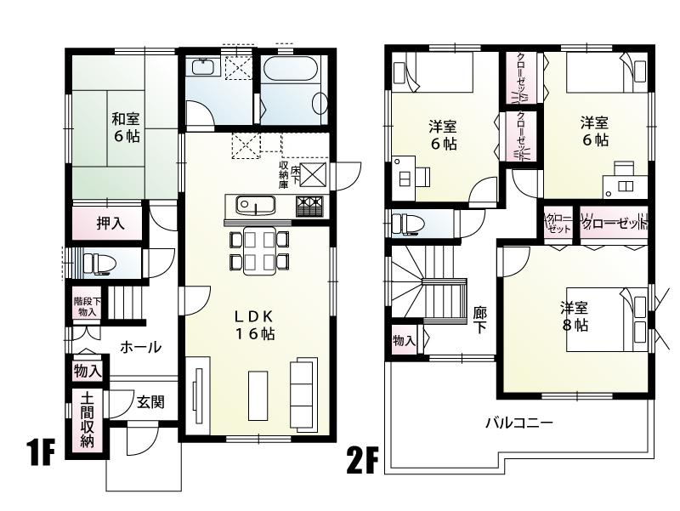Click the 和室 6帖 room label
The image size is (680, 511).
click(x=124, y=128)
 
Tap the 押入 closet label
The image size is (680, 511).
click(x=110, y=224)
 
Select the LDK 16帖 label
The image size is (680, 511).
click(x=255, y=325)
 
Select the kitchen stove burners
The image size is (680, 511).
click(x=310, y=206)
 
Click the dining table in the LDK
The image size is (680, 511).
click(x=258, y=251)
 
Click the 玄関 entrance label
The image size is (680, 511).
click(x=150, y=402)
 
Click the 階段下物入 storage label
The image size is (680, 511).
click(x=86, y=307)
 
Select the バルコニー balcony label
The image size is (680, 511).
click(x=519, y=422)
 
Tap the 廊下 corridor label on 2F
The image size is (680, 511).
click(x=480, y=320)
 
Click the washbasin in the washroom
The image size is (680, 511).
click(x=202, y=67)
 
